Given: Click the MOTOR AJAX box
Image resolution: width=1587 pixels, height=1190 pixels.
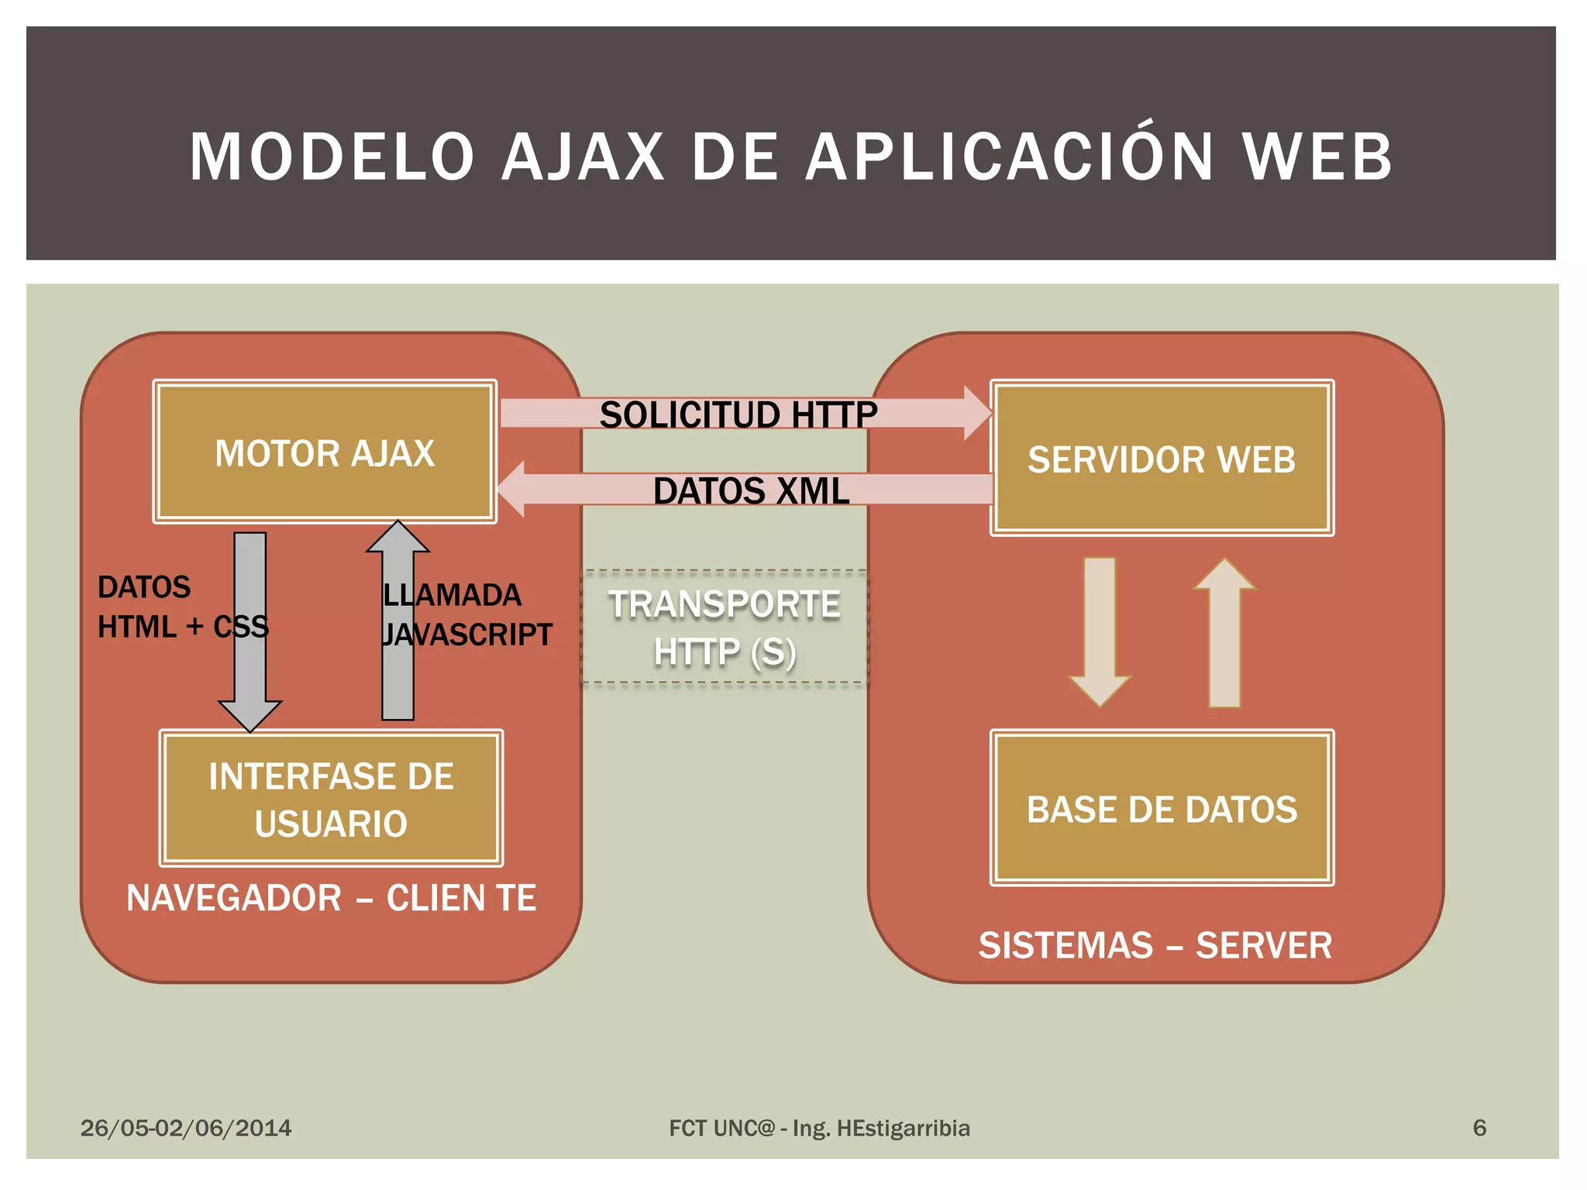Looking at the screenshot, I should [x=325, y=452].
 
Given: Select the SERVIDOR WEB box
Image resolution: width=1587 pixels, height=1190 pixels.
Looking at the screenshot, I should [x=1162, y=459].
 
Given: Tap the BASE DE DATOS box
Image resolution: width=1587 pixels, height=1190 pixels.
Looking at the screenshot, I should [x=1162, y=808].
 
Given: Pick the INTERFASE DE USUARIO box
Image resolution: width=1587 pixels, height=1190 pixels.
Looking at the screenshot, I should [x=331, y=799].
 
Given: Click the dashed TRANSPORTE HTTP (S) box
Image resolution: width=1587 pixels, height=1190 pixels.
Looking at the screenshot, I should [x=725, y=628].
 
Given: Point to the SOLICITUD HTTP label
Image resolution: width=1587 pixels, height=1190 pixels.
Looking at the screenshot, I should [x=738, y=414].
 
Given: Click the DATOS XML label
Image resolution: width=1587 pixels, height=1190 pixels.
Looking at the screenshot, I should [x=750, y=490].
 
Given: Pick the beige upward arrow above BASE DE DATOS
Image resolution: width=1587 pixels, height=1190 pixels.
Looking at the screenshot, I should [x=1225, y=631].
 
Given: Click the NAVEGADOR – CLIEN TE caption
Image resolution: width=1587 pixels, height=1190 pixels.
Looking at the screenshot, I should [x=331, y=898].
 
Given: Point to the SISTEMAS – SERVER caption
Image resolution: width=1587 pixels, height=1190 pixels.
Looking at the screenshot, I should [x=1155, y=945].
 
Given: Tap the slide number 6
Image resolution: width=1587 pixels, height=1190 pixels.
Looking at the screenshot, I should [x=1479, y=1128].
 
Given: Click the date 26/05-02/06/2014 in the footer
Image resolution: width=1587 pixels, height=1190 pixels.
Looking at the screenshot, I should [x=186, y=1128].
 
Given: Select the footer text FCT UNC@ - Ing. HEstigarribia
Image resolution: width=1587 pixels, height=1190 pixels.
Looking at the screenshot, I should [x=819, y=1128].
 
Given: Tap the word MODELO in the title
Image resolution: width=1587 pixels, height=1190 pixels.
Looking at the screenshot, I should [x=332, y=157].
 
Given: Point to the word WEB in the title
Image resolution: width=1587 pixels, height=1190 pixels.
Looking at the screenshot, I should [x=1318, y=157].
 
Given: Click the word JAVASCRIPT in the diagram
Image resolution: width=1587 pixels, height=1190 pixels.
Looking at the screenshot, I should [x=467, y=635].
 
